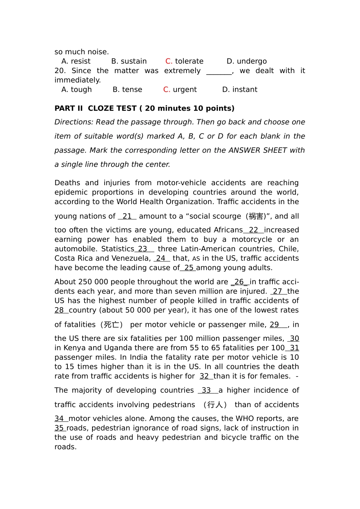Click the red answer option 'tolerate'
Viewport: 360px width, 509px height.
tap(185, 61)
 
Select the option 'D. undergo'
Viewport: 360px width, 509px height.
tap(246, 61)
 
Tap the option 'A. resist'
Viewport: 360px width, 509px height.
tap(76, 61)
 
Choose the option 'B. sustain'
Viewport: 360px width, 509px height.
tap(129, 61)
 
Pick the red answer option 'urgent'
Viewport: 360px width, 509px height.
tap(180, 90)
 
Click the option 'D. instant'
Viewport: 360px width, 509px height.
tap(239, 90)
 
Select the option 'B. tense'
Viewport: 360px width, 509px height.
tap(127, 90)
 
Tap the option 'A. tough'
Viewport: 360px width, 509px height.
tap(77, 90)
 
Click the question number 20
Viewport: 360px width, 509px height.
tap(60, 71)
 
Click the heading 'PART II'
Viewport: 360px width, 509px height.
tap(69, 109)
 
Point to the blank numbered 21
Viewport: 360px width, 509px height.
tap(127, 217)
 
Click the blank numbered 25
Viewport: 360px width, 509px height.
tap(188, 268)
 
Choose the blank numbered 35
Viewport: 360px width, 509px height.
tap(60, 428)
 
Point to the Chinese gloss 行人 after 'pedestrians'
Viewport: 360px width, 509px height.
tap(215, 405)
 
